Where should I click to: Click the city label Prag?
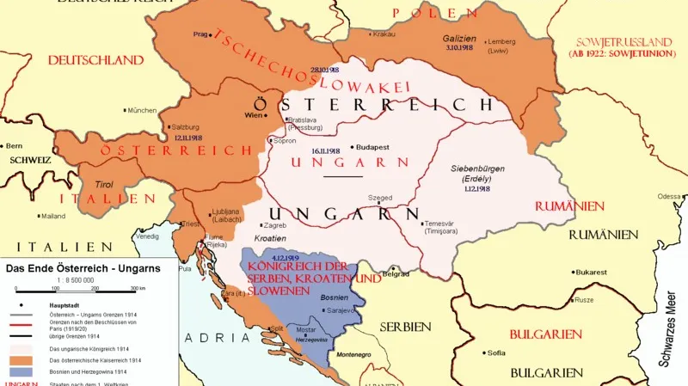201,34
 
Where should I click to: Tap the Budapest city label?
372,146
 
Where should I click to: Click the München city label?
142,110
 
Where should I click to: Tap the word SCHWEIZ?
25,161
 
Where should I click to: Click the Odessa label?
669,196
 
